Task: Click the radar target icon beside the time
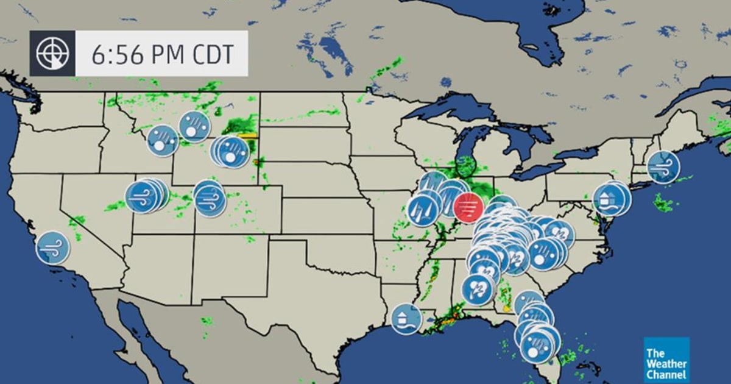(x=52, y=54)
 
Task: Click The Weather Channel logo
(x=666, y=360)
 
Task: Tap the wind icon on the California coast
(x=52, y=247)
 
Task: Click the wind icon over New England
(x=663, y=166)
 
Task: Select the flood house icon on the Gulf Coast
(x=406, y=319)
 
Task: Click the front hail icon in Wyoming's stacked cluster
(x=233, y=152)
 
